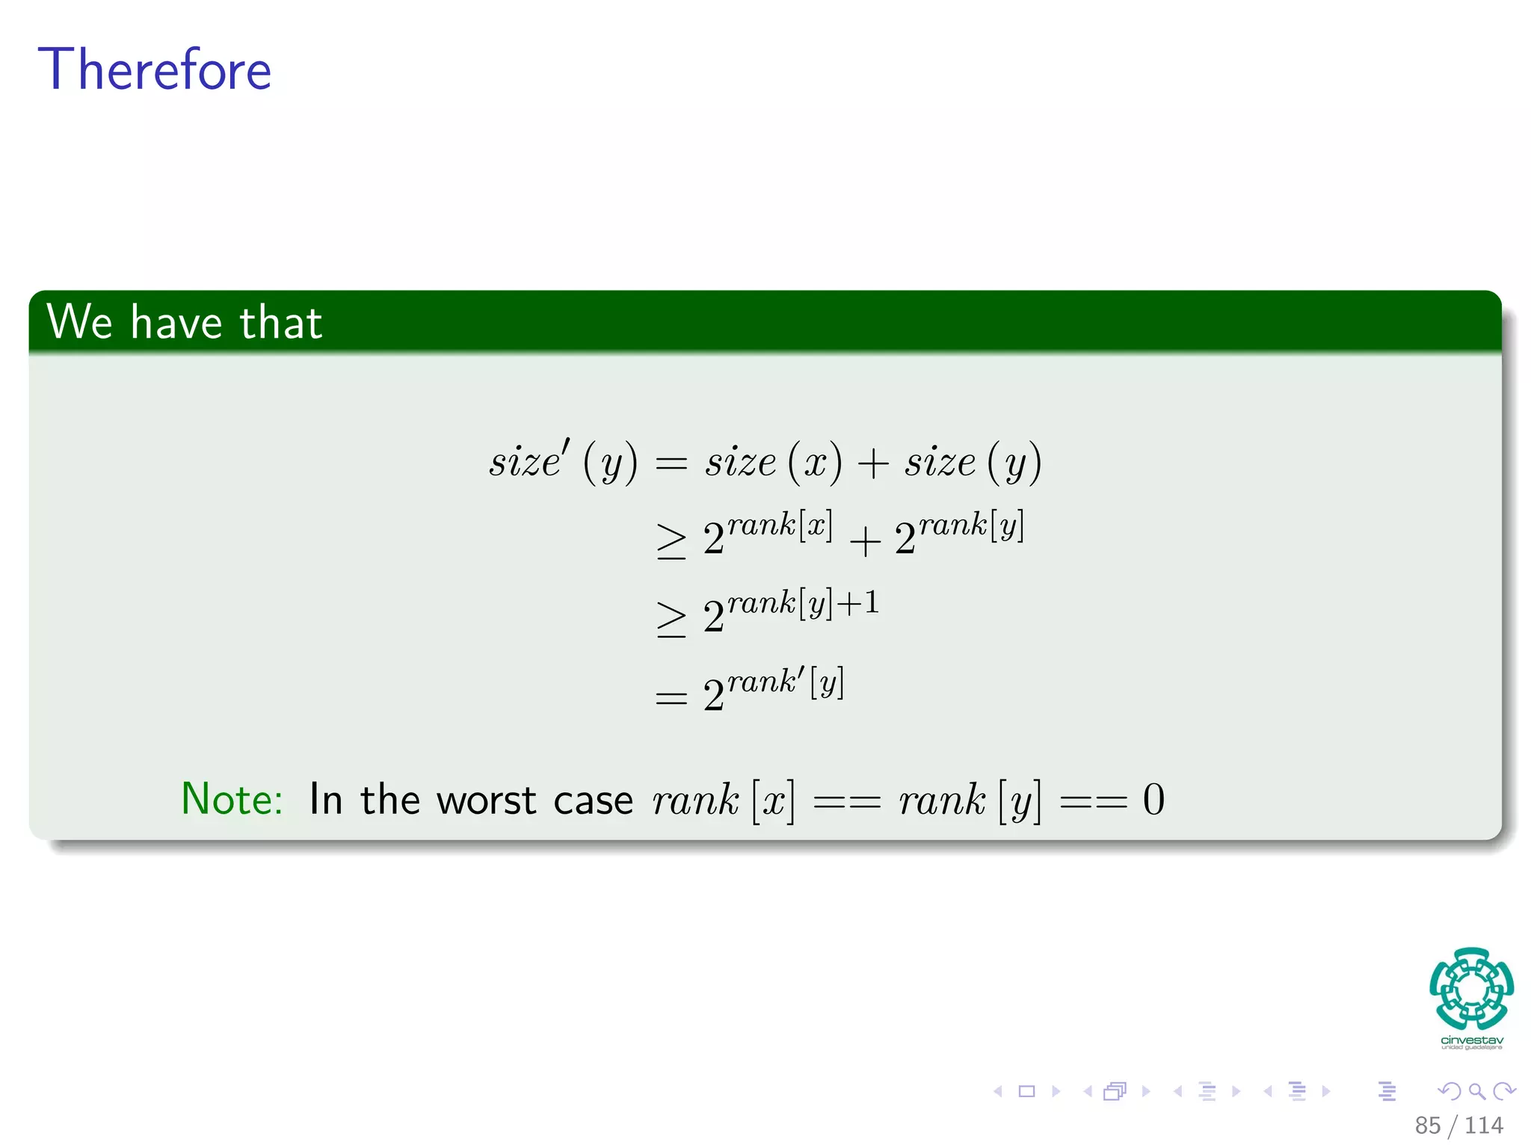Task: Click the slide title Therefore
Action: click(155, 70)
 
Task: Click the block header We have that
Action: click(185, 322)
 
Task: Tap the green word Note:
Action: click(232, 799)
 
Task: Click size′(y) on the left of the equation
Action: click(564, 460)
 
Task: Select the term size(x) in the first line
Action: click(773, 461)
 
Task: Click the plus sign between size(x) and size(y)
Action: click(872, 463)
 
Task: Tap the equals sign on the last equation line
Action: click(671, 699)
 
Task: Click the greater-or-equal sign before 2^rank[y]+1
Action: click(671, 619)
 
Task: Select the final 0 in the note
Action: click(1153, 800)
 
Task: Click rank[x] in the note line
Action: click(723, 800)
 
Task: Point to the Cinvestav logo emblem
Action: click(1471, 988)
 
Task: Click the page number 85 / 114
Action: click(1458, 1125)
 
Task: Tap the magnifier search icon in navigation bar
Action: click(1476, 1091)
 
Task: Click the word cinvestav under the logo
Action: click(1471, 1040)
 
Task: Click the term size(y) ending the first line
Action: click(973, 461)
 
